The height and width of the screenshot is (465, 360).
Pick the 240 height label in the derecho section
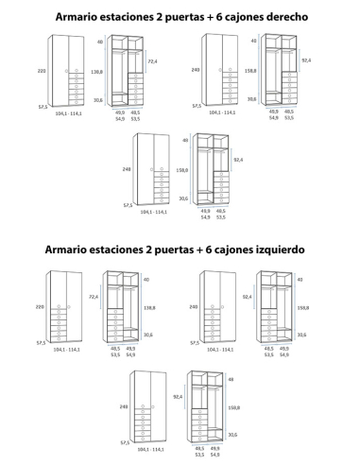[196, 70]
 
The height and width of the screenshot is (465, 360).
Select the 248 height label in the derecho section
[125, 169]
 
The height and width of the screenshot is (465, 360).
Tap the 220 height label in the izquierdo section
[40, 307]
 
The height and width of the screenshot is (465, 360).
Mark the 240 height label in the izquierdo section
[194, 307]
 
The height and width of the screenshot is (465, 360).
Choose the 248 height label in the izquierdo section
[122, 407]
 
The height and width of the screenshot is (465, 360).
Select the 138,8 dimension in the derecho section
[96, 72]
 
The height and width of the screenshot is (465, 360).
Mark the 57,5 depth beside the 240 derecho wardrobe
[196, 106]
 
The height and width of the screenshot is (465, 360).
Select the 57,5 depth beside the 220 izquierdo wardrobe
[42, 343]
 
